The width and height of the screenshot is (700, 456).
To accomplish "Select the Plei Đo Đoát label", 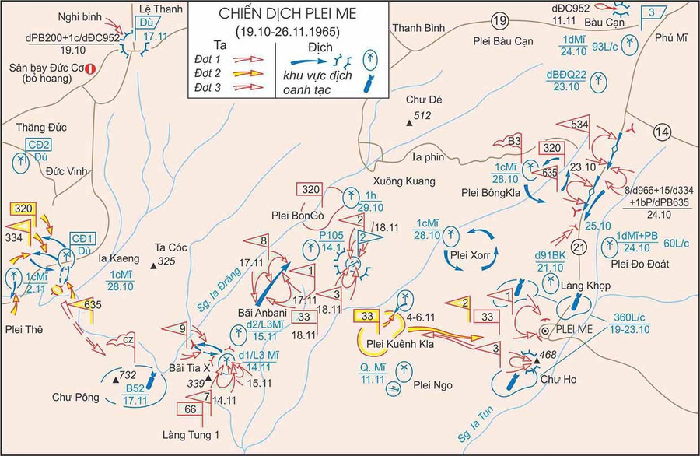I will (x=640, y=265).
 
